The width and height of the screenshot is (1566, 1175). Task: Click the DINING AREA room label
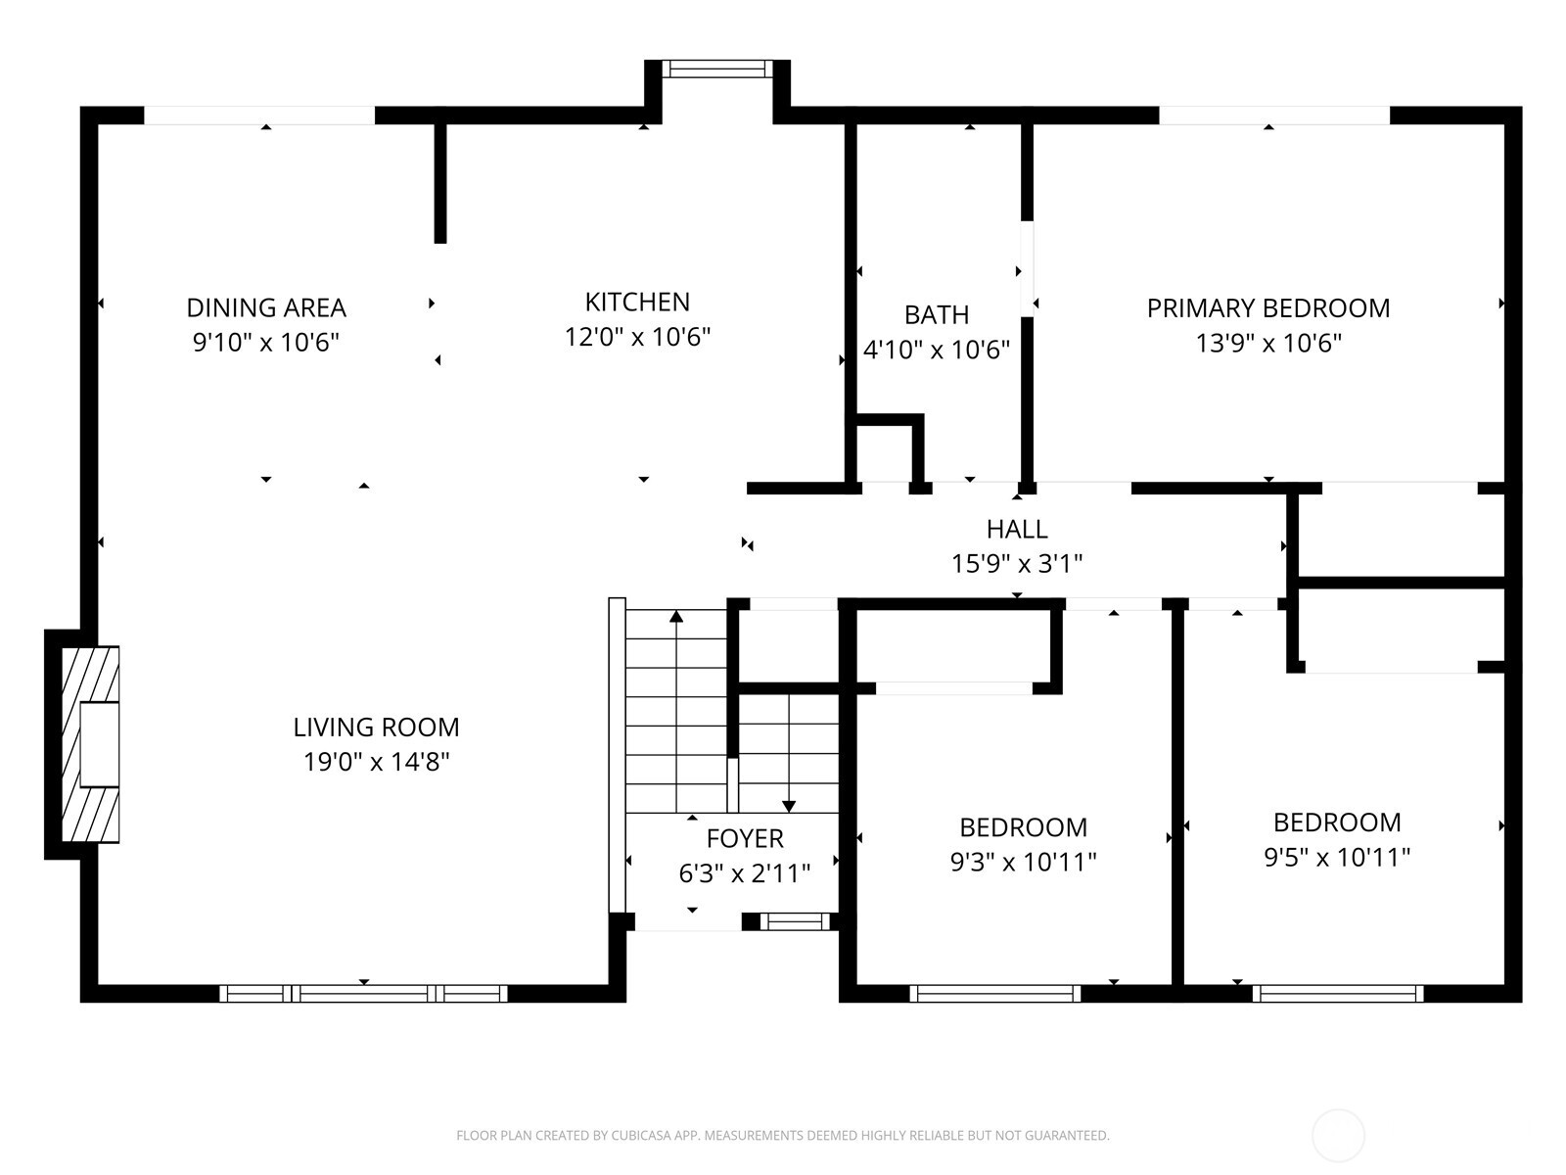pos(266,307)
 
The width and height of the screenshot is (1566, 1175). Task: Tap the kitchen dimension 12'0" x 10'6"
pos(637,337)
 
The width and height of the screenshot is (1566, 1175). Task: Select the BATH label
pos(937,314)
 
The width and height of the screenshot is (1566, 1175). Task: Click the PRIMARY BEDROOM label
pos(1268,308)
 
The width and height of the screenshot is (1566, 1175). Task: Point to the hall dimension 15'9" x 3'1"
pos(1017,564)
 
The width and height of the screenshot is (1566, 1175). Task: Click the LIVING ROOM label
pos(376,727)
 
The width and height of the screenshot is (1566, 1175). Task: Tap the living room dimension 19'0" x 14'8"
pos(376,762)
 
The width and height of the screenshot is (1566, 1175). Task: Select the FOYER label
pos(745,838)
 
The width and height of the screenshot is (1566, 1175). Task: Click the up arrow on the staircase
pos(676,617)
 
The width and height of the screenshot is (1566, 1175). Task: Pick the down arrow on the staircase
pos(789,805)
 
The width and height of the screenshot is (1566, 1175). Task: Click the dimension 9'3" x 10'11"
pos(1023,862)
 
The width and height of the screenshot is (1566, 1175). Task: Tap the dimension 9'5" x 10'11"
pos(1337,858)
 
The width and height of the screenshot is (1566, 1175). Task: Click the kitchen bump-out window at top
pos(717,69)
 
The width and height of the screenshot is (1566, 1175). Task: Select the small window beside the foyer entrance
pos(795,921)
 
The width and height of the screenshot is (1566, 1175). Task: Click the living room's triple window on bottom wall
pos(363,993)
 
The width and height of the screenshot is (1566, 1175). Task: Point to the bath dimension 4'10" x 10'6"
pos(937,350)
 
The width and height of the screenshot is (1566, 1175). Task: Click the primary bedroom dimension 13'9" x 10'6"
pos(1268,344)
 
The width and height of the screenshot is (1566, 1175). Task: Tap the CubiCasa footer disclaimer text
pos(782,1136)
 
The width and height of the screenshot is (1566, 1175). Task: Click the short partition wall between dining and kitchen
pos(440,181)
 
